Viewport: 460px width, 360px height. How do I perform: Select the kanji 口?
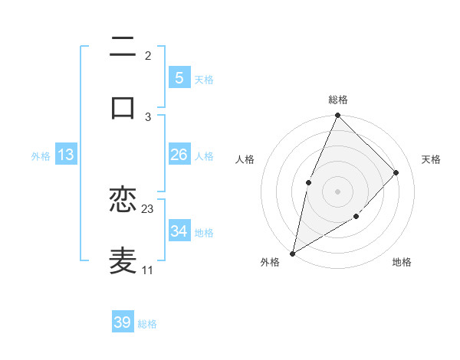point(123,106)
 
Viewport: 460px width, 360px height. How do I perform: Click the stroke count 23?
point(148,209)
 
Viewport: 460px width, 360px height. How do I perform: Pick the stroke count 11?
point(148,270)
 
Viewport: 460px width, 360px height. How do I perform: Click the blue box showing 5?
point(179,77)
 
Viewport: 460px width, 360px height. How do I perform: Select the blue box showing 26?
point(179,155)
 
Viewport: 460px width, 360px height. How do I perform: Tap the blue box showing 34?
point(179,231)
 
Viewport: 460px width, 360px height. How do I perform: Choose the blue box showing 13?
point(66,155)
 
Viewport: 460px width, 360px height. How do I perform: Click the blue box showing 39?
point(122,322)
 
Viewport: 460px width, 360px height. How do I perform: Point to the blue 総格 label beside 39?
point(147,324)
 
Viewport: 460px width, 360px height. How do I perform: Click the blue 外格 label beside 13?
point(41,156)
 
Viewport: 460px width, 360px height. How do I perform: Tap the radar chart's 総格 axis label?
point(337,100)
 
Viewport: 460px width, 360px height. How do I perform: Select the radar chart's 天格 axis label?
point(432,159)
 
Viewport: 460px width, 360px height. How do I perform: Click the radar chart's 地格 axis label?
point(402,263)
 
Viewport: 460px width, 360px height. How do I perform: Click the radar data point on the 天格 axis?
point(396,172)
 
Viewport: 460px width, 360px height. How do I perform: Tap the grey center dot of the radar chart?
point(337,191)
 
